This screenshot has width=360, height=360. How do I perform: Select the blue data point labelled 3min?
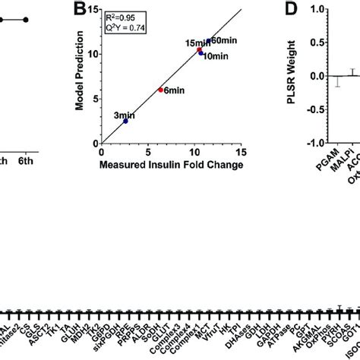pyautogui.click(x=125, y=121)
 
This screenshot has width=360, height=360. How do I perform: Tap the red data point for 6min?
pyautogui.click(x=160, y=90)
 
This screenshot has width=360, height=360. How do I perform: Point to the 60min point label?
pyautogui.click(x=223, y=39)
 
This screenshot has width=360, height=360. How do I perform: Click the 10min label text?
pyautogui.click(x=215, y=57)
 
